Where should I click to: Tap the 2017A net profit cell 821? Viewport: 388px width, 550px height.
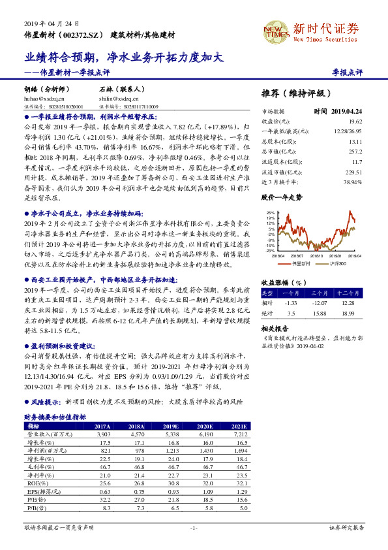click(104, 451)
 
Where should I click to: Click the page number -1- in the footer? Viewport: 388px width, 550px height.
click(194, 526)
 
